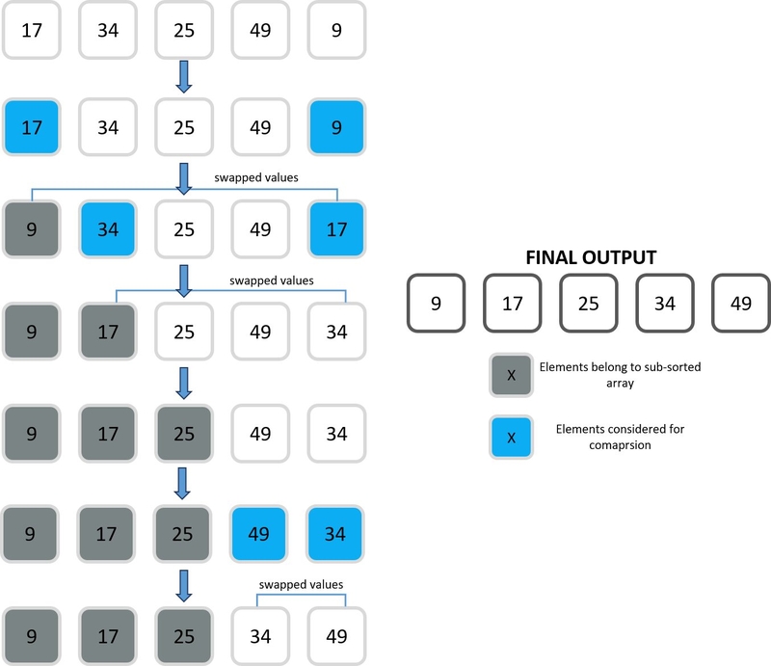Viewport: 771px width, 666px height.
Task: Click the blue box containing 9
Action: [x=336, y=127]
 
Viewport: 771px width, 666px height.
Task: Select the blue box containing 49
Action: [x=258, y=534]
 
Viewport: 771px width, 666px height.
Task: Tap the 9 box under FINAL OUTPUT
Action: [x=437, y=303]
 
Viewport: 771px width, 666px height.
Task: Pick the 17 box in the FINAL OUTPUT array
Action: [x=513, y=303]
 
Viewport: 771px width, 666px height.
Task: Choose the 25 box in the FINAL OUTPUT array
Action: [x=589, y=303]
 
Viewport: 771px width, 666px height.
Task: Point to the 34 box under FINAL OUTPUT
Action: [x=665, y=303]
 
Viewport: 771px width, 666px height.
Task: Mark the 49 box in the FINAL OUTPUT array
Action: [x=741, y=303]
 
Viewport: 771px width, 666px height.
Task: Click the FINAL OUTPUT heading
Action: [x=591, y=257]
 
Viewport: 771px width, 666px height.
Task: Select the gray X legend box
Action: [x=511, y=375]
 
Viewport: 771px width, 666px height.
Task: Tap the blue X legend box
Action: [x=511, y=438]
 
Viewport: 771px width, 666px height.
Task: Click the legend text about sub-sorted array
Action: [x=620, y=375]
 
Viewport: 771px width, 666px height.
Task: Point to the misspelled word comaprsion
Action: [x=620, y=445]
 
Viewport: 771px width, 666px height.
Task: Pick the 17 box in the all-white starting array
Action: [x=32, y=30]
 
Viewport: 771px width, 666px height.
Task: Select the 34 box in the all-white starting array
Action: [x=108, y=30]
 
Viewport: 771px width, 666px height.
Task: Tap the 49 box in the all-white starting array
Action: [x=260, y=30]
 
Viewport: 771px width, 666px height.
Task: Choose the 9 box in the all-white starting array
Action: [x=336, y=30]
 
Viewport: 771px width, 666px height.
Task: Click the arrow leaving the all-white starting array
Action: [x=184, y=77]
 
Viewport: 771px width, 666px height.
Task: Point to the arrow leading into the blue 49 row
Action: [x=182, y=483]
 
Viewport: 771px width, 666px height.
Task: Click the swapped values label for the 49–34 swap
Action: [x=301, y=584]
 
